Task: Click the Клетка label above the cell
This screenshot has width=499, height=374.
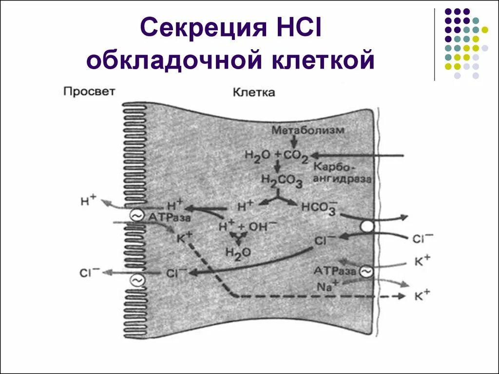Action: [253, 93]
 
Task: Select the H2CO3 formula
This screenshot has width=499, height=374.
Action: [281, 181]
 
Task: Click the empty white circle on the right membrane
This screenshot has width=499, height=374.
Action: [367, 227]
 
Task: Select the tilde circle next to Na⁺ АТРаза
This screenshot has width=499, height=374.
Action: [365, 272]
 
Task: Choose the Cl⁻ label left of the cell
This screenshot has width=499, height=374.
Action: [90, 273]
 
